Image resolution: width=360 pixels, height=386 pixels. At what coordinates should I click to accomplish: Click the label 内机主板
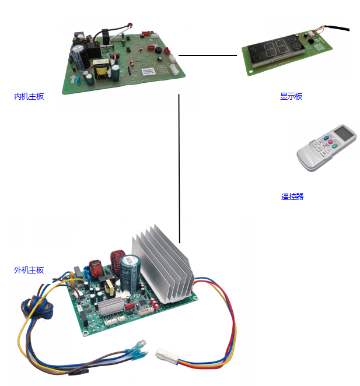coord(29,96)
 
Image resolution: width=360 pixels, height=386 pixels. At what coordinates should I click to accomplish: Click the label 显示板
coord(291,96)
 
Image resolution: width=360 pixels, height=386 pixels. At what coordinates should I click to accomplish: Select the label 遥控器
coord(292,196)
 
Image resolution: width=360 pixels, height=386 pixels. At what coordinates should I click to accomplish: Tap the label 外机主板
coord(29,270)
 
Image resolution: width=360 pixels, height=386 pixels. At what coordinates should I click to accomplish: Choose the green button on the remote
coord(334,147)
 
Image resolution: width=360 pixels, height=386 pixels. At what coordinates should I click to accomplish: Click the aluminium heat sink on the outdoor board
coord(160,259)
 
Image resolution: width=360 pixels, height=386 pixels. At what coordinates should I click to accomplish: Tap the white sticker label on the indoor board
coord(150,72)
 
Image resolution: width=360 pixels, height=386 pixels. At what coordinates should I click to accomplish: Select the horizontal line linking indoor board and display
coord(208,55)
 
